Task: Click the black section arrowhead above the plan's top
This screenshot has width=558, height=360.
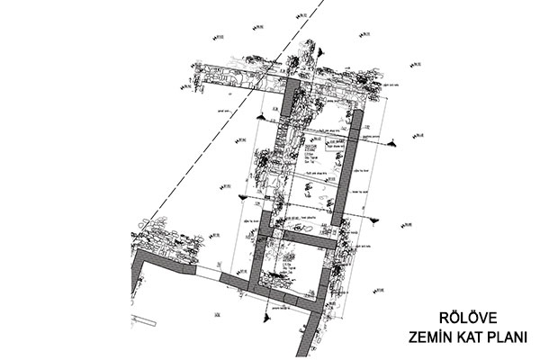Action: tap(260, 118)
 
